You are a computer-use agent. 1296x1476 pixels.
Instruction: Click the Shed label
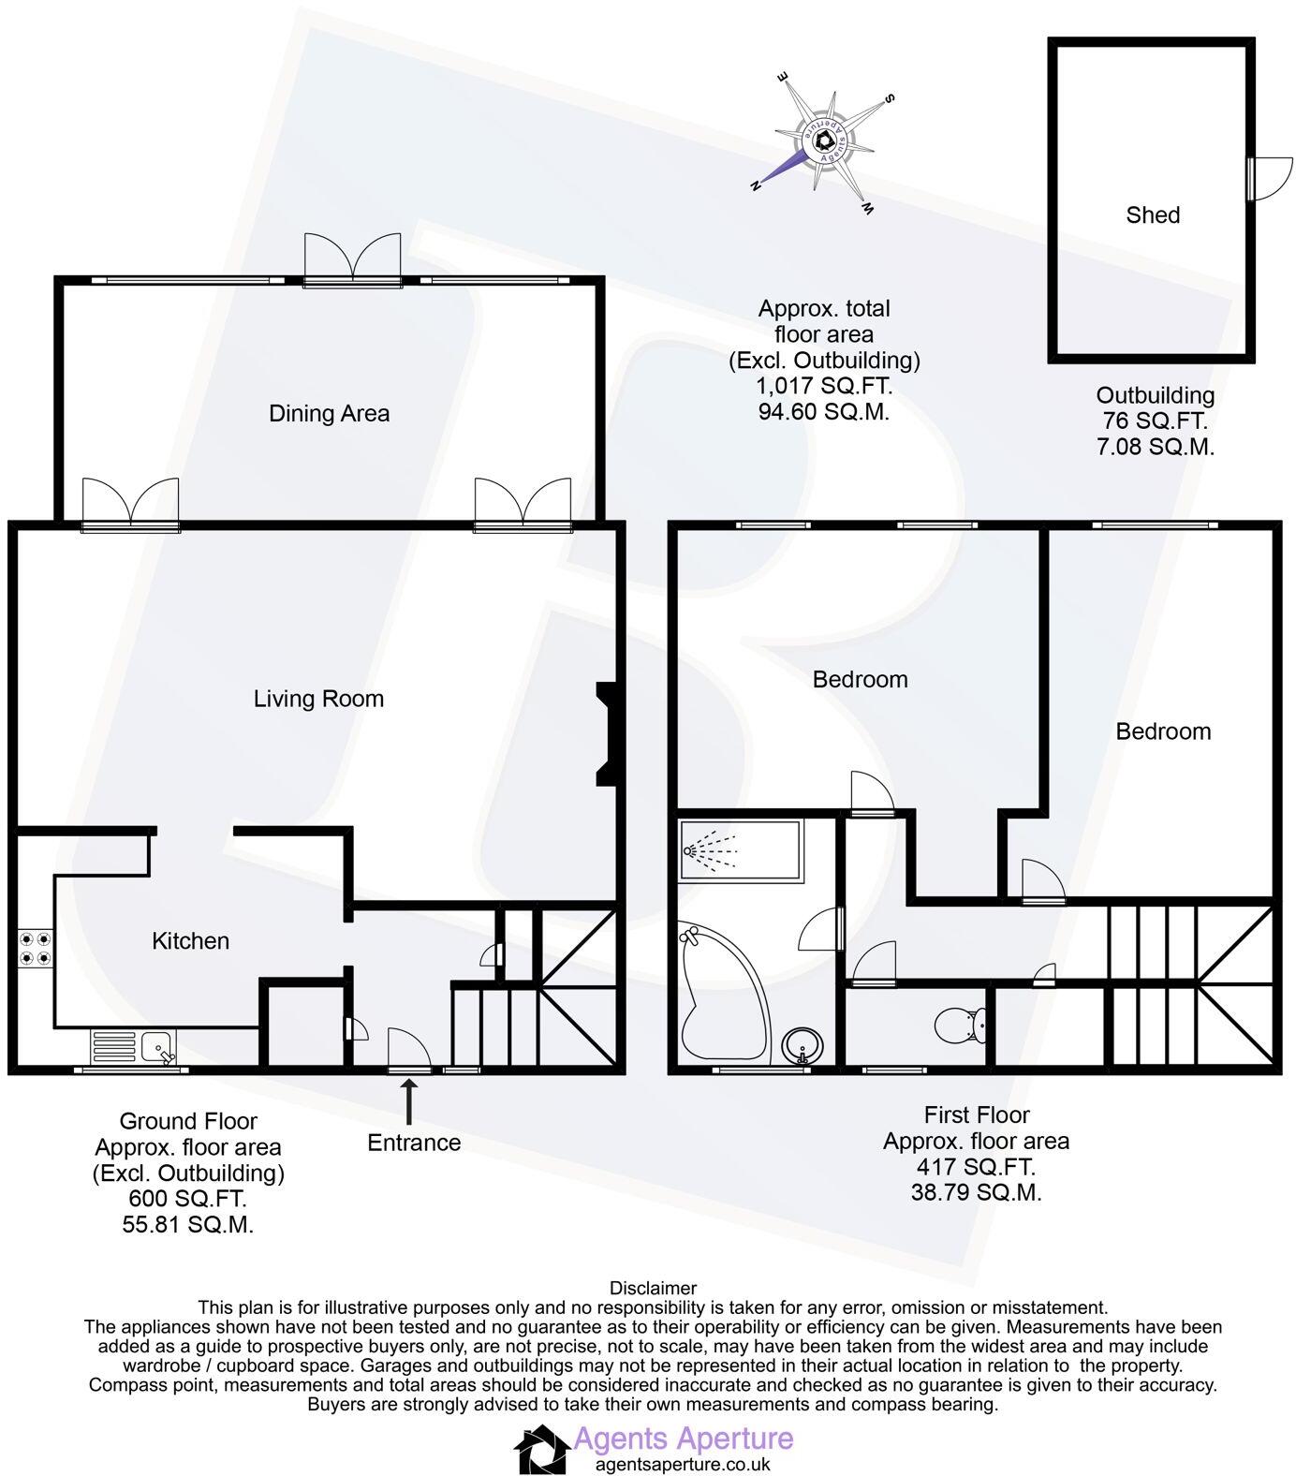pos(1152,214)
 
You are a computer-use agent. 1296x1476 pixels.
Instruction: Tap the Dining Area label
pos(329,413)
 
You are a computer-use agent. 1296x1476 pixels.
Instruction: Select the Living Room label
pos(318,699)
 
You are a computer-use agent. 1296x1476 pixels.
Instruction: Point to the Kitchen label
pos(190,940)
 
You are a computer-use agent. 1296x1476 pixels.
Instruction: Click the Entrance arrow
pos(408,1100)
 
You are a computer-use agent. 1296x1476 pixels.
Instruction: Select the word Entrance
pos(414,1143)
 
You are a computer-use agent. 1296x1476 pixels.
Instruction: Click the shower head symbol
pos(693,850)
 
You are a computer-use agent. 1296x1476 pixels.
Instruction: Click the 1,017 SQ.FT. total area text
pos(824,386)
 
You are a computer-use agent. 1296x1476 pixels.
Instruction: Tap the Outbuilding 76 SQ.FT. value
pos(1155,421)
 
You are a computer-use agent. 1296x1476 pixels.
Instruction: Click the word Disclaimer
pos(653,1289)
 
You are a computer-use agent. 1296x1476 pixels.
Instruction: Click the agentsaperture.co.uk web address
pos(683,1464)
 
